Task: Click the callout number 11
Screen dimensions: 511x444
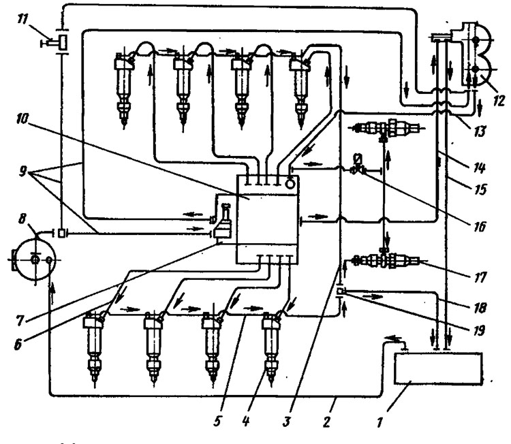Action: (22, 19)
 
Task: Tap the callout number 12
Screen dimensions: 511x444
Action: (498, 100)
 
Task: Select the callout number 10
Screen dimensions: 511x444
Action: (22, 118)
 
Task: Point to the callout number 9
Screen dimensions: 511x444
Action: (22, 171)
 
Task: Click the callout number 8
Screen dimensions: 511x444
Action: (22, 219)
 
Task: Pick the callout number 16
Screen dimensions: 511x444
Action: (479, 226)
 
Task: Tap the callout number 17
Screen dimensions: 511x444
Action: (480, 277)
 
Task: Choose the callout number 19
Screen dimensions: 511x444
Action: (478, 331)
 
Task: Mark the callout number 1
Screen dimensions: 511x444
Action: (379, 422)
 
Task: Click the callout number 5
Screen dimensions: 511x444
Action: (217, 421)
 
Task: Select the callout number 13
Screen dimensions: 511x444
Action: (479, 131)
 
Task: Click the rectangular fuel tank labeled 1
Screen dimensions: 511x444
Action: (438, 368)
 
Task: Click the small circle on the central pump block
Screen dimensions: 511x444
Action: (290, 184)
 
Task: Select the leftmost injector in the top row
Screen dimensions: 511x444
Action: (124, 90)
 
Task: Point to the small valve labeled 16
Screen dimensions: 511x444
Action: (358, 165)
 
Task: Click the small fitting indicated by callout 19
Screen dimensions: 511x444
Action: (340, 291)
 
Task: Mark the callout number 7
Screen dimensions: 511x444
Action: (20, 321)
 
